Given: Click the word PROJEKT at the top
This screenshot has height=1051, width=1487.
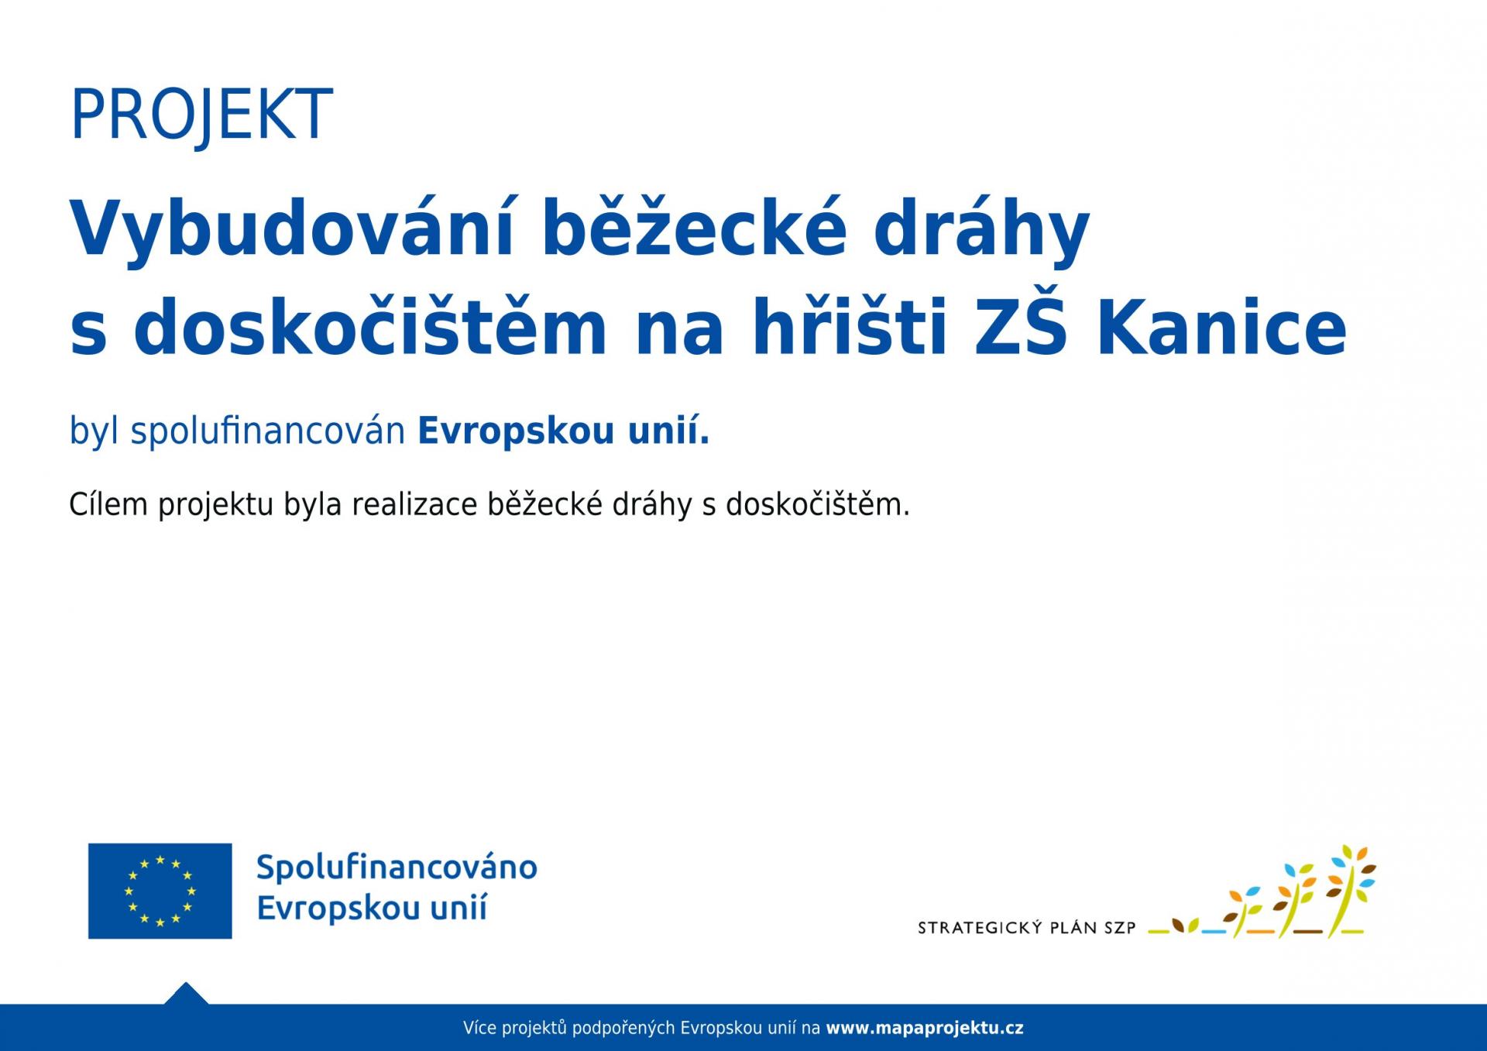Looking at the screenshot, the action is (x=201, y=115).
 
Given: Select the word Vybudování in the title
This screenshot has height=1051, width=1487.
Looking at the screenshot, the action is (x=292, y=228).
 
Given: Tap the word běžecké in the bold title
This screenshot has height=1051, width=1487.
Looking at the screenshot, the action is (x=694, y=228).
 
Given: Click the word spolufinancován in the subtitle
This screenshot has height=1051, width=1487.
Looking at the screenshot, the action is (x=268, y=431).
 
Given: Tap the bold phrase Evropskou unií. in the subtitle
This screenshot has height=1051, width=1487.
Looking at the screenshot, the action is (x=563, y=431).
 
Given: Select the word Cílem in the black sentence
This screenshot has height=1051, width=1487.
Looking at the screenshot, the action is (x=108, y=504).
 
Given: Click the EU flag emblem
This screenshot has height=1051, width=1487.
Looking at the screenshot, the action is (x=160, y=891).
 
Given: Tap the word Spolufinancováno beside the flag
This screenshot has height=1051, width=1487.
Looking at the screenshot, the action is (x=397, y=867).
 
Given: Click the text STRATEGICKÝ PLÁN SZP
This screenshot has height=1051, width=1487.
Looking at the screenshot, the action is (x=1026, y=927).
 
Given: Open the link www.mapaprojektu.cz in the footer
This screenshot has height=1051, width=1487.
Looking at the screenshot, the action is (x=925, y=1029).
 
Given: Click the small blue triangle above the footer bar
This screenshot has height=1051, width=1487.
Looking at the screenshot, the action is (x=186, y=994).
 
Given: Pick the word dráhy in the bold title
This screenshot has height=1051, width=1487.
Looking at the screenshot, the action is (x=982, y=228).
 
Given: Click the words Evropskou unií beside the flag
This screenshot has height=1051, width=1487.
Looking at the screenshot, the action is (x=372, y=908).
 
